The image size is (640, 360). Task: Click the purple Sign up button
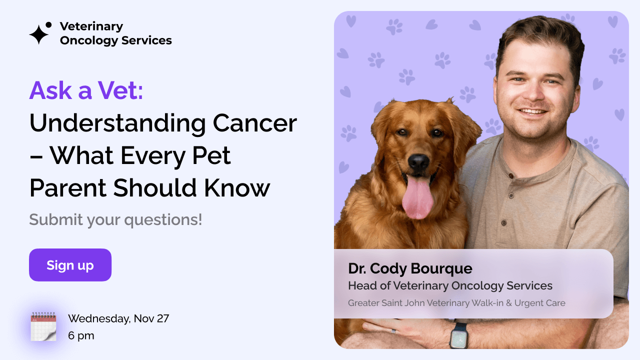coord(70,265)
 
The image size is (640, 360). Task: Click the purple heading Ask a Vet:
coord(86,90)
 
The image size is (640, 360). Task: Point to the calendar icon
coord(43,327)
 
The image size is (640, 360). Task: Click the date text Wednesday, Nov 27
coord(118,318)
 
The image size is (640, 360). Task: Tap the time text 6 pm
coord(81,335)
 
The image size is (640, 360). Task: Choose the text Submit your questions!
coord(115,219)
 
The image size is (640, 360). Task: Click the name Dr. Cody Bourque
coord(410,268)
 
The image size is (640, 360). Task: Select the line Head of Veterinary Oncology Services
coord(450,286)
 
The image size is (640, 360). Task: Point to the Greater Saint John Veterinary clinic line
coord(456,303)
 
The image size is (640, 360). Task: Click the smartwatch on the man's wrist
coord(458,335)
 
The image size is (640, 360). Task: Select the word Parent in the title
coord(67,188)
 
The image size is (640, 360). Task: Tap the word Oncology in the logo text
coord(91,40)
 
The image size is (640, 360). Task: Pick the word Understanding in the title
coord(117,123)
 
